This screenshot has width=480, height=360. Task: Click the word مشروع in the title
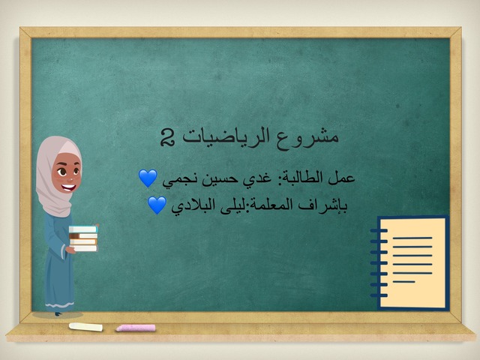316,137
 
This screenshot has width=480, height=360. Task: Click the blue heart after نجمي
148,178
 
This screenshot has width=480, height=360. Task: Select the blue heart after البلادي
156,205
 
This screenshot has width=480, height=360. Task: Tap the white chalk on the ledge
85,327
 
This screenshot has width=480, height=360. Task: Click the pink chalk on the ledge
136,328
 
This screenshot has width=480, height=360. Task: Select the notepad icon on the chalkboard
412,262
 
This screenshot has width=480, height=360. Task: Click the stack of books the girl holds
83,238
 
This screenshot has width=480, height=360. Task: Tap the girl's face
64,178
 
